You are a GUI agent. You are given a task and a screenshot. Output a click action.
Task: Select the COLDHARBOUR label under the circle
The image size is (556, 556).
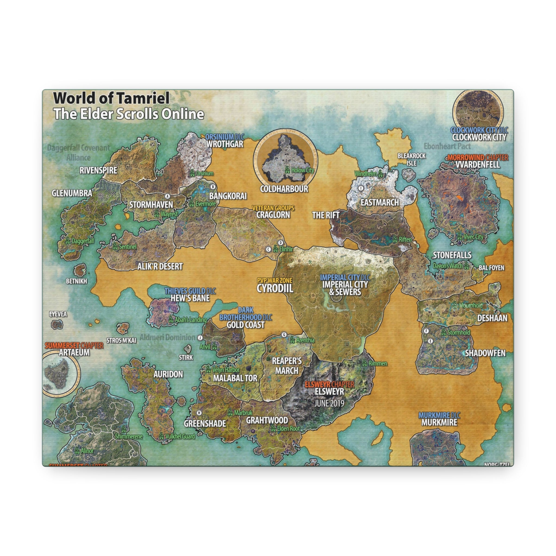click(284, 189)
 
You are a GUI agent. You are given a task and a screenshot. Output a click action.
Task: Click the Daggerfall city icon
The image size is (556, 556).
click(68, 241)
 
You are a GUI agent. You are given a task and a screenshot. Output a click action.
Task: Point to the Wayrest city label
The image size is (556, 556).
click(169, 214)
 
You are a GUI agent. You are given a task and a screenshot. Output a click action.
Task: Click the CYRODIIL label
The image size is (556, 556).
click(275, 288)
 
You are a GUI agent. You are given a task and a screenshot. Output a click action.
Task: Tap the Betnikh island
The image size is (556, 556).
click(80, 270)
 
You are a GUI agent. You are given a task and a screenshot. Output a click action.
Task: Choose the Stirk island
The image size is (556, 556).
click(188, 349)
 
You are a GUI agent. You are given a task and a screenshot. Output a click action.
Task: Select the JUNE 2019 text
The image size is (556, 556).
click(329, 403)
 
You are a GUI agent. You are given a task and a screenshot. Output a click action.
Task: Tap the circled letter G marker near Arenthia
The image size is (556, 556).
click(284, 334)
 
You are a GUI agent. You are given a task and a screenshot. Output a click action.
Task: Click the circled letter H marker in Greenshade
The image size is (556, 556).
click(199, 413)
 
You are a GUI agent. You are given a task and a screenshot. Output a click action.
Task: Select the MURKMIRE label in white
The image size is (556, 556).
click(439, 422)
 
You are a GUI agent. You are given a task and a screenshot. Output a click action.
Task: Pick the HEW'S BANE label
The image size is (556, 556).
click(190, 298)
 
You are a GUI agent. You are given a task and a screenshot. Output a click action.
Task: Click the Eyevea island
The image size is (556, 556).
click(57, 324)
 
